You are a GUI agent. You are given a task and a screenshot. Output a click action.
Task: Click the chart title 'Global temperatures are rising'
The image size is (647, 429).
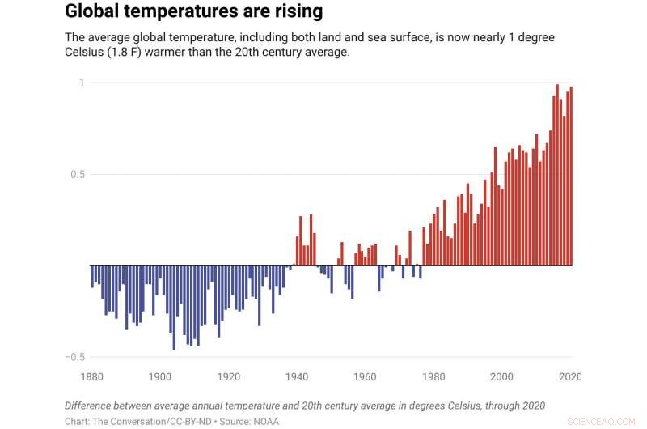click(193, 12)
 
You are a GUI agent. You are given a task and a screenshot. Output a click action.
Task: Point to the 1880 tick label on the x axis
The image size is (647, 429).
click(92, 377)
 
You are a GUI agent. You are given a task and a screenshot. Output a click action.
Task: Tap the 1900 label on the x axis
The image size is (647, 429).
click(160, 377)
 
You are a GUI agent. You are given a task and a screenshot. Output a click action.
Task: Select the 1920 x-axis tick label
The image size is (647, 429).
click(229, 377)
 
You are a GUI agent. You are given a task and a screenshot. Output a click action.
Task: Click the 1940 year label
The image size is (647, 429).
click(298, 377)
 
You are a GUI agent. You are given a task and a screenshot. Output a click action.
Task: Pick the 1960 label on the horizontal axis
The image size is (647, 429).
click(366, 377)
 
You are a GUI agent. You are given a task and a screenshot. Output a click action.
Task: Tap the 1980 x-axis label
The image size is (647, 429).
click(434, 377)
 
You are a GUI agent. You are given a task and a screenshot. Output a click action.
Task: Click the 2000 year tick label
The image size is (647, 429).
click(502, 377)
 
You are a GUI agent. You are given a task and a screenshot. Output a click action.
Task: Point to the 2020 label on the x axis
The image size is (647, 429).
click(570, 377)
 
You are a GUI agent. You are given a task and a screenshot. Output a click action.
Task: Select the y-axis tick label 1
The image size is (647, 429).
click(82, 83)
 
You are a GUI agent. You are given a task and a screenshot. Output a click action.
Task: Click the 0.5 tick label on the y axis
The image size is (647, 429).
click(76, 174)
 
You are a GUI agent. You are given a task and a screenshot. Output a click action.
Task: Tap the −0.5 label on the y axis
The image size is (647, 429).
click(74, 357)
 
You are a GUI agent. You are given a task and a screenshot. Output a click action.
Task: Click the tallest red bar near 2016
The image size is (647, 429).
click(557, 175)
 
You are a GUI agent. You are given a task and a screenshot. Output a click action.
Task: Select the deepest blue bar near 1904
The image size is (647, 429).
click(174, 308)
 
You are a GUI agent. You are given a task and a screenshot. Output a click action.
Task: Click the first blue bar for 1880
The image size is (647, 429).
click(92, 276)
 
